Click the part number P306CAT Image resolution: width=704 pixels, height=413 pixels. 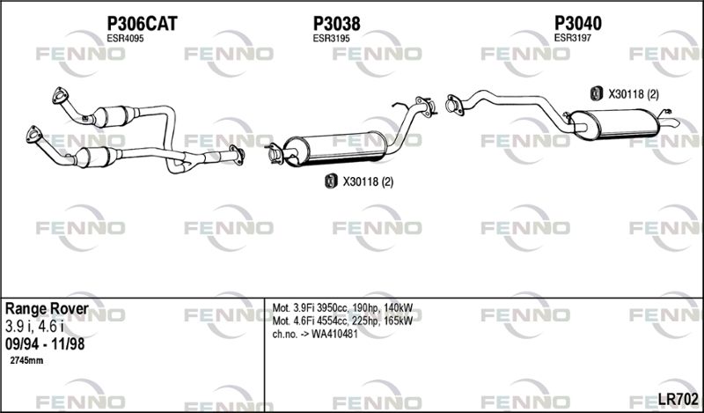point(142,24)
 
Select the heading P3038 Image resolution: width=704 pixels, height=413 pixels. point(336,24)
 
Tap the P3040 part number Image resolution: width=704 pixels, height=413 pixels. point(578,23)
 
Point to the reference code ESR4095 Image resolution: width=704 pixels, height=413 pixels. point(125,39)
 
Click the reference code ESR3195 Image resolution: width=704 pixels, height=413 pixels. point(332,39)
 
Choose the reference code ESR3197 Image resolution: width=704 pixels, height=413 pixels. point(573,38)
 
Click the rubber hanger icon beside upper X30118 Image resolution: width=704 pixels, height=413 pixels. point(596,93)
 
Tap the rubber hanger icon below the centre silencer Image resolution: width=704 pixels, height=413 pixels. point(331,181)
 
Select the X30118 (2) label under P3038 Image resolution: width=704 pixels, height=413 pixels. point(368,181)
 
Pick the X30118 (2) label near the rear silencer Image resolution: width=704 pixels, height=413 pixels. point(634,94)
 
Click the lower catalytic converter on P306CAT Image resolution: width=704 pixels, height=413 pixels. point(98,157)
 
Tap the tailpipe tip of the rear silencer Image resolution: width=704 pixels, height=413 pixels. point(675,123)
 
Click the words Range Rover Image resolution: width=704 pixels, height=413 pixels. point(47,309)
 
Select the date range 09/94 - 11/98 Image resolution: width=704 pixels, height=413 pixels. point(45,344)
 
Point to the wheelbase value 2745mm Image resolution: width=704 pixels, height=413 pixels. point(26,360)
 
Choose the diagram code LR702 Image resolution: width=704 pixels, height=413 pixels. point(678,398)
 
